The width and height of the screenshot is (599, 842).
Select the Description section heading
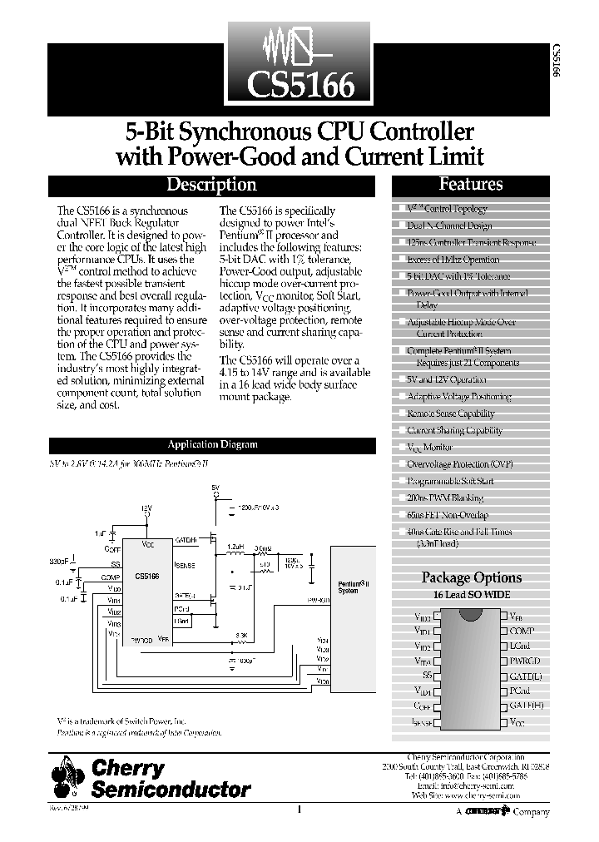tap(211, 185)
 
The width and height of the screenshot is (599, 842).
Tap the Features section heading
tap(471, 185)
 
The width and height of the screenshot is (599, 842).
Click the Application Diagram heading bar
tap(213, 445)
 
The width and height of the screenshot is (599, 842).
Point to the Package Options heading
tap(472, 577)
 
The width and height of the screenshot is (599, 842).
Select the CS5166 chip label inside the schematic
tap(146, 576)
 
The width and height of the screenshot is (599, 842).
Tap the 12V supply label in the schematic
tap(146, 508)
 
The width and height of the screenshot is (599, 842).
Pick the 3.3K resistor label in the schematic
tap(241, 636)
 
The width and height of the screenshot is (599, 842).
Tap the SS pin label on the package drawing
tap(427, 676)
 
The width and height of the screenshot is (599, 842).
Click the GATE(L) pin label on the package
tap(526, 676)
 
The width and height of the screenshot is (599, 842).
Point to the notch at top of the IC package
tap(471, 613)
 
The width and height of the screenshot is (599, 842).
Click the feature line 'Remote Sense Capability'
tap(450, 414)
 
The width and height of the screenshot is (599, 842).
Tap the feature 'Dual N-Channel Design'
tap(449, 225)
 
